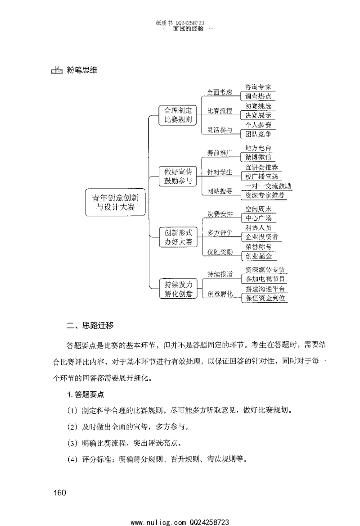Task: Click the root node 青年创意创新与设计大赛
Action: [116, 202]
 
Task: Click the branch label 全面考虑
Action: [219, 92]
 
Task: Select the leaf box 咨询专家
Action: [258, 87]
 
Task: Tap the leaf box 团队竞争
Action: [258, 134]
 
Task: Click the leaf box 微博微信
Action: [258, 157]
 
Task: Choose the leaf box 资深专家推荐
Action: [264, 196]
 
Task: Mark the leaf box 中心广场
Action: [258, 218]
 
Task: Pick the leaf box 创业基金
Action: [258, 257]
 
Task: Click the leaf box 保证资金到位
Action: [265, 298]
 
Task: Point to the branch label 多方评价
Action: [220, 233]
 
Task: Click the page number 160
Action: [59, 492]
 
